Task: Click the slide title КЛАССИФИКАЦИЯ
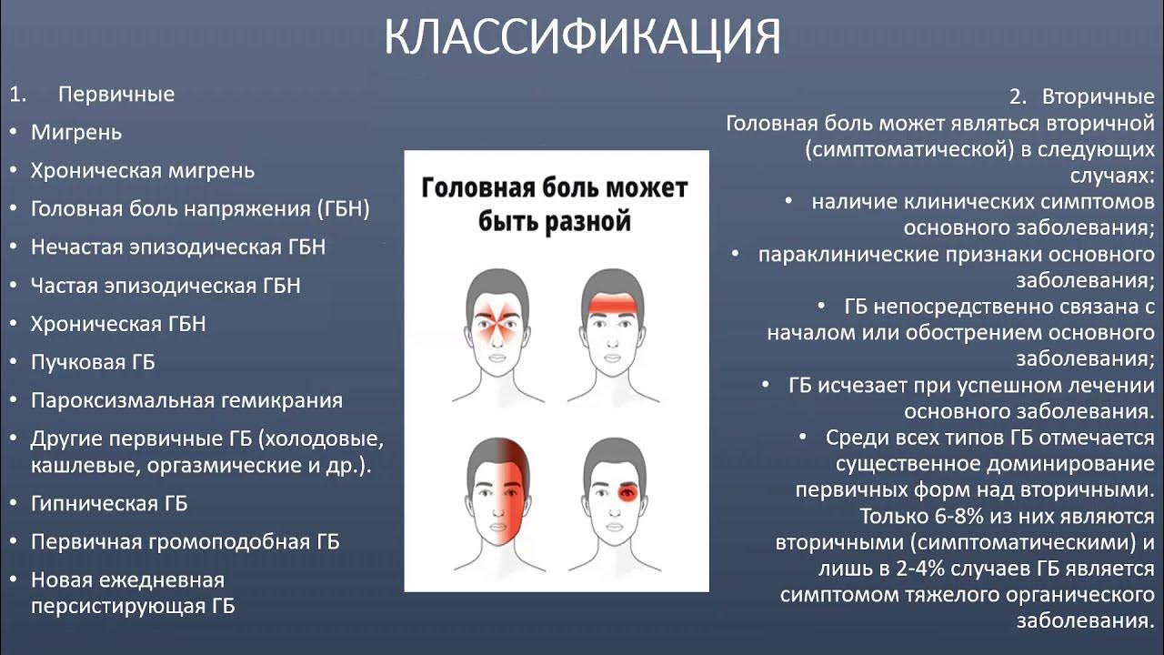point(582,36)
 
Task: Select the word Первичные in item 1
point(115,95)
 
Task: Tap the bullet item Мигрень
point(76,133)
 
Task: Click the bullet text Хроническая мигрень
point(143,171)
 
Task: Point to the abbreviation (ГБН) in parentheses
point(343,209)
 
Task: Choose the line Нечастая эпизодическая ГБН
point(178,247)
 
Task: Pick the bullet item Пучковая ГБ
point(93,362)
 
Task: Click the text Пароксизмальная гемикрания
point(186,400)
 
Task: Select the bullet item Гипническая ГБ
point(109,503)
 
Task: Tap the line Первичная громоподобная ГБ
point(186,542)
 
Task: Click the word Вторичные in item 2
point(1098,96)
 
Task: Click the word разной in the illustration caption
point(592,221)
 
